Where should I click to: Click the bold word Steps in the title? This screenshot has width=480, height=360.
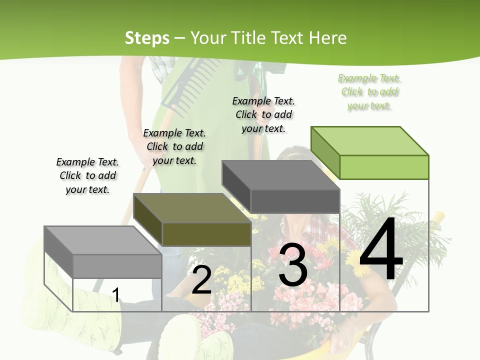(147, 38)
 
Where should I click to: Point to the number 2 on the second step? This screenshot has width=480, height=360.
(201, 280)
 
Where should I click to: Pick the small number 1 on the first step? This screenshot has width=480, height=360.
(116, 295)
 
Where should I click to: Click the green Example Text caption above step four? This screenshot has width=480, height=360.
(369, 92)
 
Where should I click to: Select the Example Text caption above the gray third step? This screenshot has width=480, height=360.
(263, 114)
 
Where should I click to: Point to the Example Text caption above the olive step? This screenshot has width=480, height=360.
(174, 146)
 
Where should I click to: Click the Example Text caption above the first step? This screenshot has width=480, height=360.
(87, 175)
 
